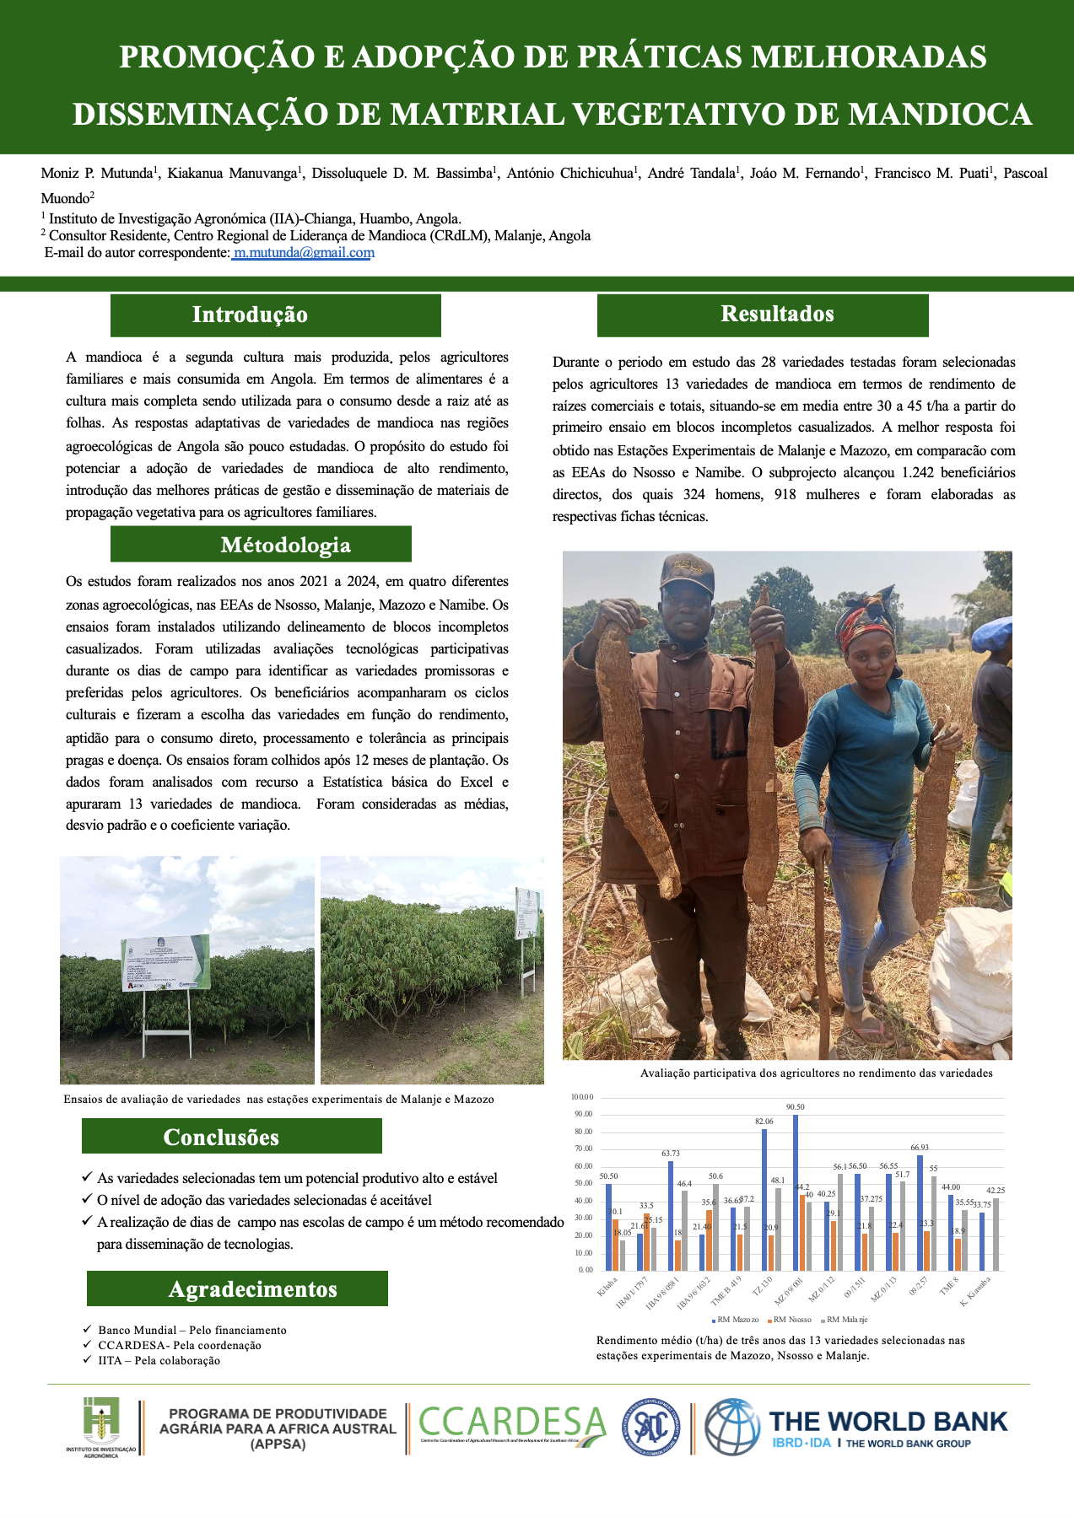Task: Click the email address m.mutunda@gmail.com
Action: [x=304, y=253]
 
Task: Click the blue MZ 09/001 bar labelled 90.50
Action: [x=795, y=1192]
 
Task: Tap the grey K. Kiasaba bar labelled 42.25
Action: [x=996, y=1234]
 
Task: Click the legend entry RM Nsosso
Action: [x=792, y=1320]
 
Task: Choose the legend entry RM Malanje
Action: [x=846, y=1320]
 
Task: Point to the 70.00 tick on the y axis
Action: [x=583, y=1149]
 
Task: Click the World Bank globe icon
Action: [x=731, y=1427]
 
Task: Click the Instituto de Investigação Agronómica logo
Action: [x=100, y=1427]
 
